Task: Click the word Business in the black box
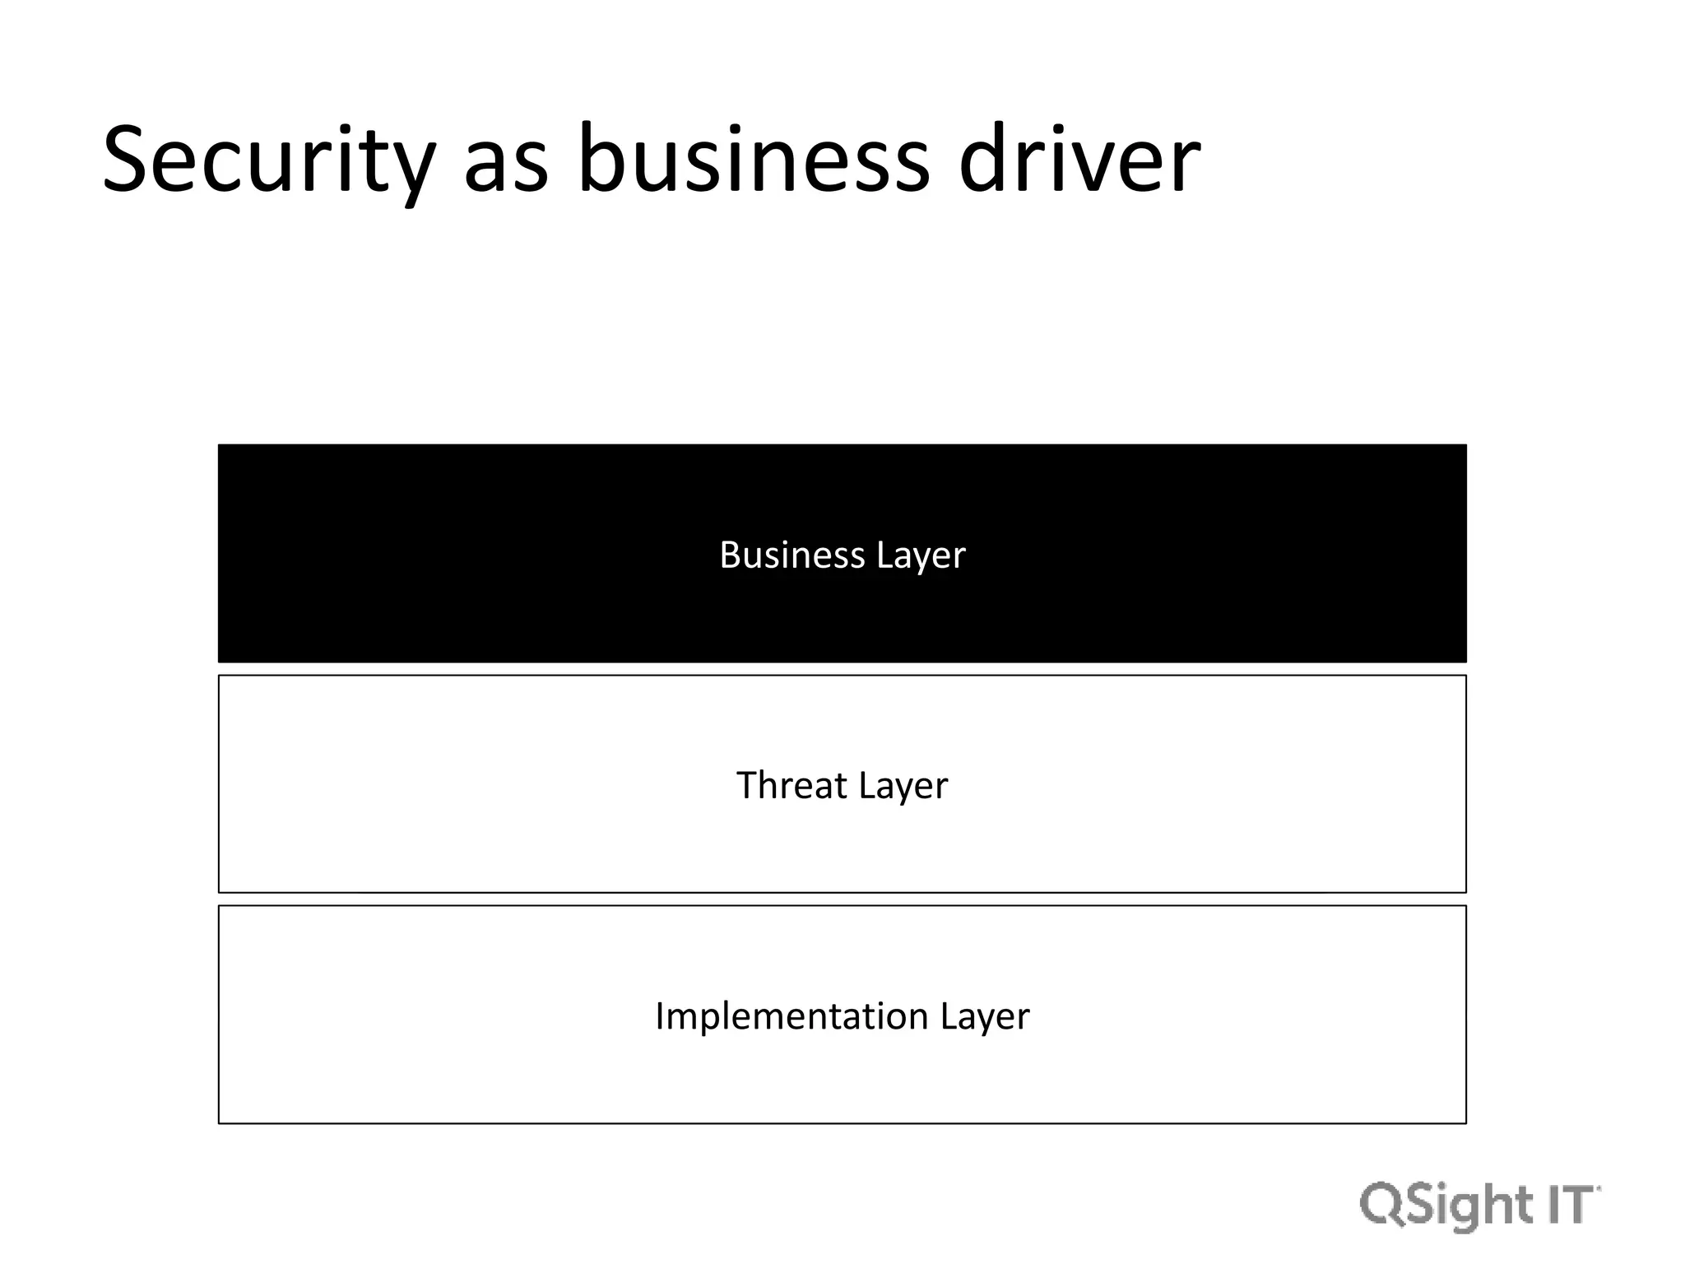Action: point(791,555)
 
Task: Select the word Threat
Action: point(791,785)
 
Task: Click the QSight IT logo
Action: point(1479,1206)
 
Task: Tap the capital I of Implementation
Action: point(660,1015)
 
